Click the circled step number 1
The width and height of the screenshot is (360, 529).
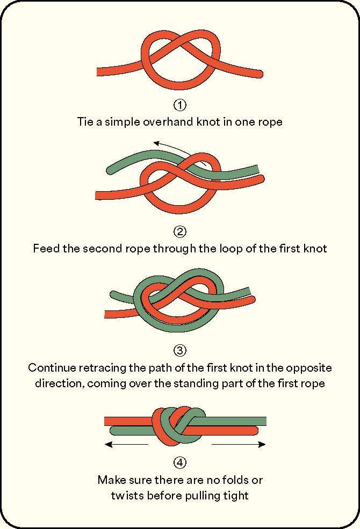tap(180, 105)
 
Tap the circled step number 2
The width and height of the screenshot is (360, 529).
tap(180, 232)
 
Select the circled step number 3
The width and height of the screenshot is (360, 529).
tap(180, 351)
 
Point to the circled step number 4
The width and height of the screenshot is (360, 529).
tap(180, 462)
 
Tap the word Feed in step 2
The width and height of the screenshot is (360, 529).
tap(46, 249)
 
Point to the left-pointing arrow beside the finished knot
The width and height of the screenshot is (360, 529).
tap(126, 444)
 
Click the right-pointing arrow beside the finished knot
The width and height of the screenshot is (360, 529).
tap(239, 444)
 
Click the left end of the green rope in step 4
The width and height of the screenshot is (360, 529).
tap(113, 430)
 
